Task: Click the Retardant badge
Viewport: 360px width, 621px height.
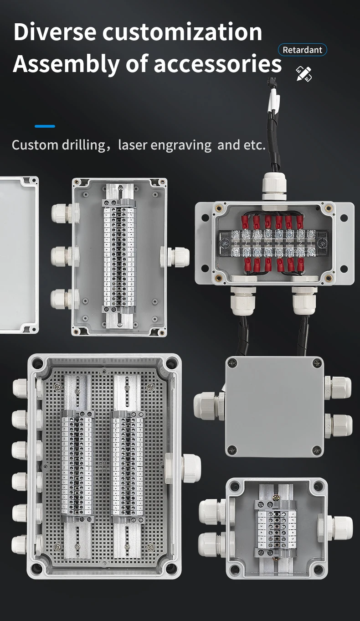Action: [x=303, y=50]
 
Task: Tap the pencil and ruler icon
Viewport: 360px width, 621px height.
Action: [x=304, y=74]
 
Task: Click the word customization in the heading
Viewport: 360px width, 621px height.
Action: [x=182, y=32]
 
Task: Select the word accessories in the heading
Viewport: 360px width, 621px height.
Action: [x=217, y=63]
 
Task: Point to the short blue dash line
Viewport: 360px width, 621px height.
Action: [x=45, y=126]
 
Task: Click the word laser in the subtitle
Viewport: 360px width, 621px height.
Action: [x=132, y=145]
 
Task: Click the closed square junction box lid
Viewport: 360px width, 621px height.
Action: [x=274, y=407]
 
